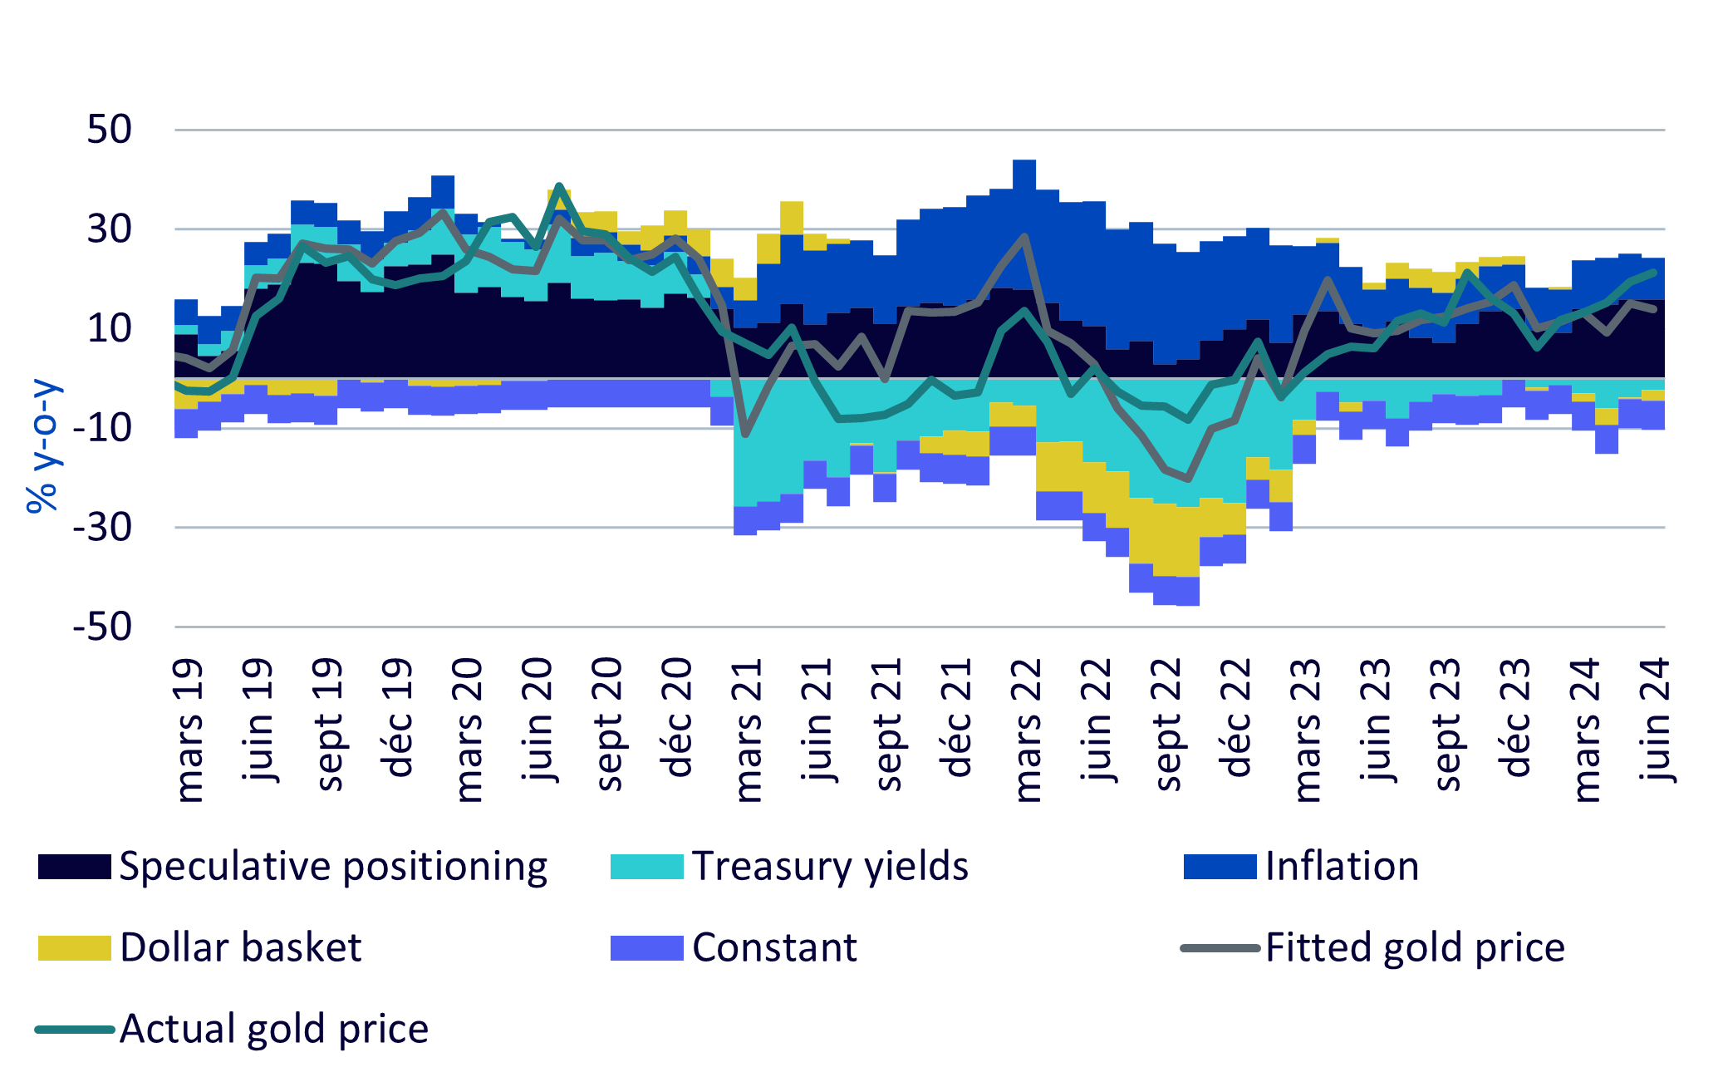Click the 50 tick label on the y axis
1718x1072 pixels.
[x=110, y=130]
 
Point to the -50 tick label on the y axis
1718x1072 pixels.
[x=103, y=627]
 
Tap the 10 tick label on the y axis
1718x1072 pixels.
[x=110, y=328]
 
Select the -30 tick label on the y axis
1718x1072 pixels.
[x=103, y=527]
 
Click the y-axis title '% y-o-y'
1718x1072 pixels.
[x=42, y=446]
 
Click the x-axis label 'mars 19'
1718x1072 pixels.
[x=189, y=730]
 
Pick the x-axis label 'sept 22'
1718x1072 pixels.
[x=1167, y=724]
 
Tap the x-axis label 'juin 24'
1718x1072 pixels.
[x=1656, y=720]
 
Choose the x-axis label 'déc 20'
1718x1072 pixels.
[x=679, y=717]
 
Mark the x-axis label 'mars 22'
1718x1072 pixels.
[x=1028, y=730]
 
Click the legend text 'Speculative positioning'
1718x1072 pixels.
[x=333, y=866]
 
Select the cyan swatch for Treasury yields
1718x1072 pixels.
[x=646, y=866]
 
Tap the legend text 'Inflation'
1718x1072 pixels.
[x=1342, y=866]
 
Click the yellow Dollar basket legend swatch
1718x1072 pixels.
[x=74, y=947]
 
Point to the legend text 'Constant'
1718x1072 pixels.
[x=774, y=947]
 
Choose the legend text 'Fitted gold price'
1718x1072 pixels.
[x=1415, y=947]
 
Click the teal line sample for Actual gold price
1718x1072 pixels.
[x=74, y=1029]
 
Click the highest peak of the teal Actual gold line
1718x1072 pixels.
[x=559, y=185]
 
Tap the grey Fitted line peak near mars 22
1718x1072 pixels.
[x=1025, y=237]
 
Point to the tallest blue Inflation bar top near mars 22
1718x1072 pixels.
[x=1024, y=160]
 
